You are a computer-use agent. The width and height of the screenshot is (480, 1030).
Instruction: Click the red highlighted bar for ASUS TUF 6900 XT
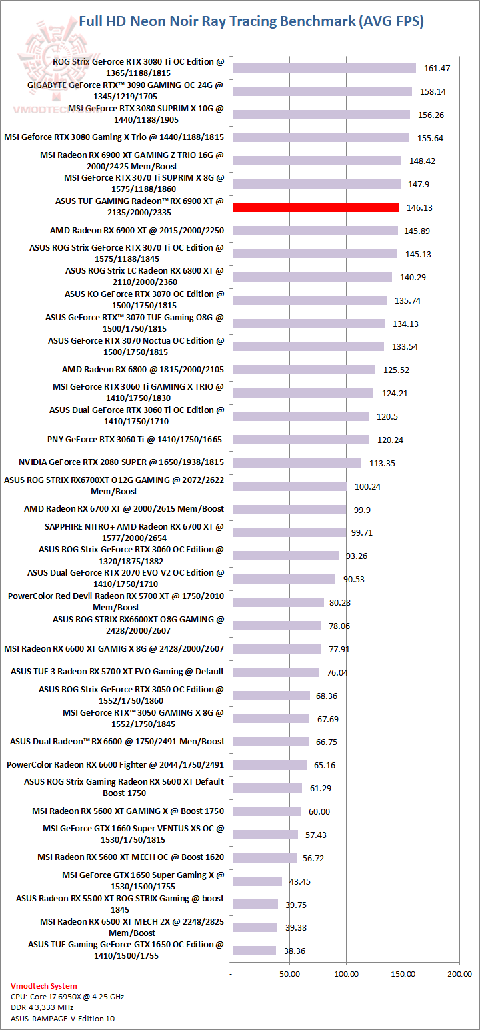pos(315,207)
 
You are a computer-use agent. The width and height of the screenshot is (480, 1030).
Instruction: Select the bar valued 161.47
pos(324,68)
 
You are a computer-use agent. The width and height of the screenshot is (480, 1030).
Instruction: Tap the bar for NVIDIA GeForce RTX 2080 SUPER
pos(297,462)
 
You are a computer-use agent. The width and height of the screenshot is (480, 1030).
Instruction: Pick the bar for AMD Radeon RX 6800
pos(304,370)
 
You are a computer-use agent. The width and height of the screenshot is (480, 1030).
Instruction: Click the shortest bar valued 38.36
pos(254,951)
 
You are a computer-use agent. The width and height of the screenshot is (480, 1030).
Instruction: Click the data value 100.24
pos(367,486)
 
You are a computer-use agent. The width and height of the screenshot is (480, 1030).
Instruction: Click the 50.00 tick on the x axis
pos(289,974)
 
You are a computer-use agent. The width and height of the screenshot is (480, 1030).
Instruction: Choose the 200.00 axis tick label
pos(459,974)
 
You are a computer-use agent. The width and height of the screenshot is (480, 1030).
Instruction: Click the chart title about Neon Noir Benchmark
pos(251,21)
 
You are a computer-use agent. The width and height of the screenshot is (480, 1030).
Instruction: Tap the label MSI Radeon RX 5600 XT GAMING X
pos(128,811)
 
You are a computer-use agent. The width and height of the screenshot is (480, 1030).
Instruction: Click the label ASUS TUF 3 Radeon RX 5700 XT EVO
pos(117,672)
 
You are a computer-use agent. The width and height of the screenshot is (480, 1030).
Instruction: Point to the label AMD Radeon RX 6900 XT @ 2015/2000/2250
pos(137,231)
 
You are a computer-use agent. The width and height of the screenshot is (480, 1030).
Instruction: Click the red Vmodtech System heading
pos(43,986)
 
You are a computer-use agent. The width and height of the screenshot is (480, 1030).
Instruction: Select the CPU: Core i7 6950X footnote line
pos(67,997)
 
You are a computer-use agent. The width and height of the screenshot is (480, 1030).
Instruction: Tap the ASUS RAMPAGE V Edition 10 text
pos(57,1019)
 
